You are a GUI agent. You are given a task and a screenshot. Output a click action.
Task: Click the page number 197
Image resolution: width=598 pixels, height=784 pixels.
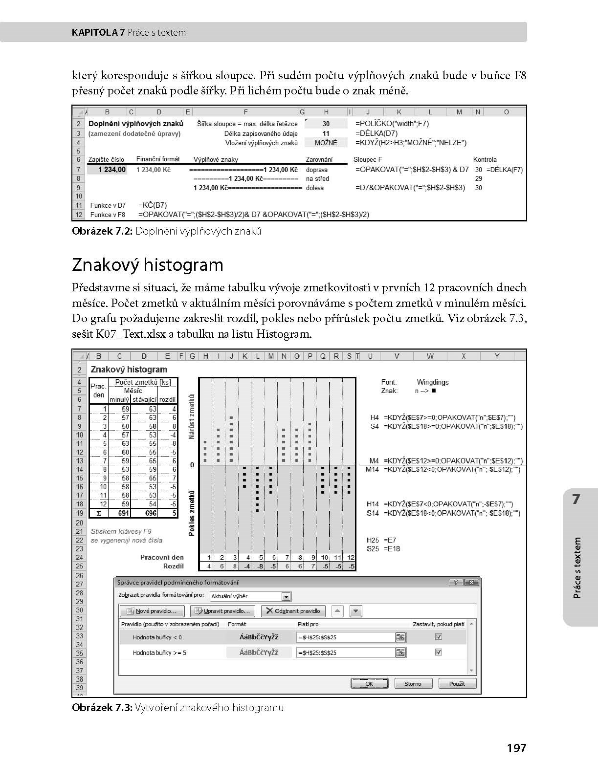516,748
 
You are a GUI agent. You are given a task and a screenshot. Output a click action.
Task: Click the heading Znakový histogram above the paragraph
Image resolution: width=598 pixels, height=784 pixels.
147,265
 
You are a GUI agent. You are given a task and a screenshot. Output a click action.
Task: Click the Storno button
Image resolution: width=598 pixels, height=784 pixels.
412,683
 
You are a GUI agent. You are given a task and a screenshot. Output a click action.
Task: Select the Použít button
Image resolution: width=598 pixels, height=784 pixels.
457,683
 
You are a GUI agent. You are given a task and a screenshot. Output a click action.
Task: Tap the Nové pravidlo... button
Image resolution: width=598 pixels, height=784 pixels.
152,611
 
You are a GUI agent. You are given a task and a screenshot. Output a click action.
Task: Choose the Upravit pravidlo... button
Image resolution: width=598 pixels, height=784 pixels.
222,611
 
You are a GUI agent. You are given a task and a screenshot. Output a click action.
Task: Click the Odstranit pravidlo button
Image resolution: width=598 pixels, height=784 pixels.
293,611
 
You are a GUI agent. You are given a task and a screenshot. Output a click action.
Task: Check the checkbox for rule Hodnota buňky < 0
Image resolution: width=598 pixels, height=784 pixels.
439,637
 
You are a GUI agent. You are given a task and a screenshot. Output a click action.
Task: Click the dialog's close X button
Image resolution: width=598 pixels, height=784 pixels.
471,582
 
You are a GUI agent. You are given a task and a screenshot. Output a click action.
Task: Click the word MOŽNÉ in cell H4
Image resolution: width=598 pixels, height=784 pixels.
326,143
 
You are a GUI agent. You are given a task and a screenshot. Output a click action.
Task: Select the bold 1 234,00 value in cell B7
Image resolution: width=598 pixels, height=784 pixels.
112,170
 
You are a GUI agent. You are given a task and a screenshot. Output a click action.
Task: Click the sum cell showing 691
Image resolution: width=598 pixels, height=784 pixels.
123,513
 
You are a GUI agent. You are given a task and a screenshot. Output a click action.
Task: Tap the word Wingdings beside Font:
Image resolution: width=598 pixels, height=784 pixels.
432,382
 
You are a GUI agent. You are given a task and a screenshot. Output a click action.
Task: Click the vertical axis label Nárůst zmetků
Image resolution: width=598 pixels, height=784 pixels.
192,416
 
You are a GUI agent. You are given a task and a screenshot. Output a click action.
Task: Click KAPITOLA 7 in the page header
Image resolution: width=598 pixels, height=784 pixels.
98,33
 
